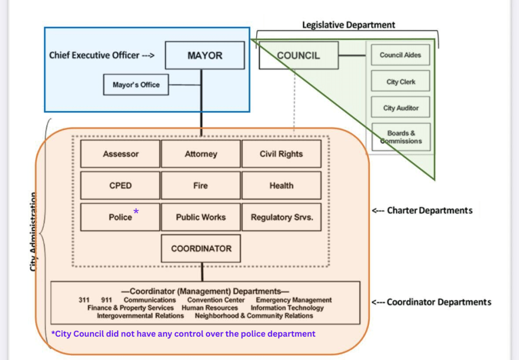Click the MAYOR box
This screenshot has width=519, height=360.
[x=205, y=55]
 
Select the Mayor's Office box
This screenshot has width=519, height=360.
[x=136, y=85]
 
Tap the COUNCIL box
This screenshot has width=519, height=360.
[x=298, y=55]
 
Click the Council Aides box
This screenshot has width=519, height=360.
[x=400, y=55]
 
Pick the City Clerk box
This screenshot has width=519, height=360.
[x=400, y=82]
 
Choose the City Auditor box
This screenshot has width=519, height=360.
[x=400, y=108]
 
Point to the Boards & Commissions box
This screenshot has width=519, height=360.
[x=400, y=137]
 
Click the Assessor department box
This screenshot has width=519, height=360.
[x=120, y=154]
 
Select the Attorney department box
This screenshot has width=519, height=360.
[x=200, y=154]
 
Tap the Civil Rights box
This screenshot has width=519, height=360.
[x=281, y=154]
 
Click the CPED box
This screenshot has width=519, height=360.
[x=120, y=185]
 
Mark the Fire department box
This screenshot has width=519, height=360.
[x=200, y=185]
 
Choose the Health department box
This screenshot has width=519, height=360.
[x=281, y=185]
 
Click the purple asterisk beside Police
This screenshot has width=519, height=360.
[x=136, y=212]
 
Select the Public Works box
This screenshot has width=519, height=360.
[x=200, y=217]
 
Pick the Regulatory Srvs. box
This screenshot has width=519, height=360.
[x=282, y=217]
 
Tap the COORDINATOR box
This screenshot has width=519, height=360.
[x=201, y=249]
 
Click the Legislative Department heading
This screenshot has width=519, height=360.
[x=348, y=24]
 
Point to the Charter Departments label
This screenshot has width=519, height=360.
[x=429, y=210]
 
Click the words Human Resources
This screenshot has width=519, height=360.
[x=210, y=308]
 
